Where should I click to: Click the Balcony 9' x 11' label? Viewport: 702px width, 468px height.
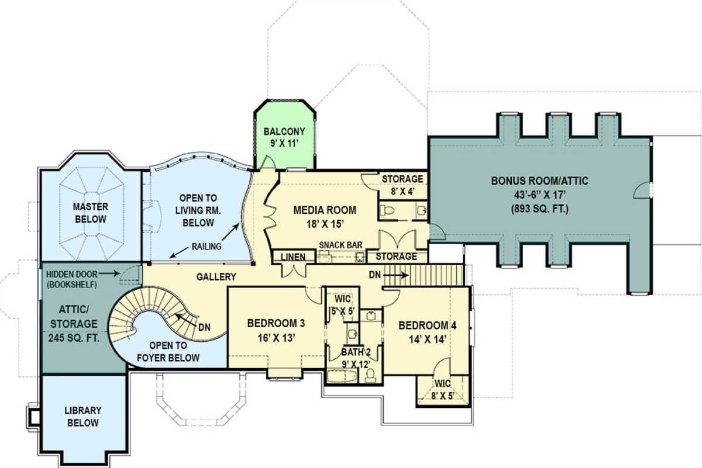284,137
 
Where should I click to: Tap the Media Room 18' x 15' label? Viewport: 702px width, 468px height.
325,216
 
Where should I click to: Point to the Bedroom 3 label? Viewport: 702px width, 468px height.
276,330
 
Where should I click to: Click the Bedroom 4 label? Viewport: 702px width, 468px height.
427,332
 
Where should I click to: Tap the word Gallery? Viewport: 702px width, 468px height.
216,277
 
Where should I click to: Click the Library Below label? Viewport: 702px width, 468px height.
82,417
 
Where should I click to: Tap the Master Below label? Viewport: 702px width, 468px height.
90,213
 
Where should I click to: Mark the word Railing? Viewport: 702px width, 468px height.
207,247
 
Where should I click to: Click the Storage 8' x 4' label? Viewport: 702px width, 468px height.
402,184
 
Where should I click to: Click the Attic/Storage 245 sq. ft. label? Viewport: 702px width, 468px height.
73,323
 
